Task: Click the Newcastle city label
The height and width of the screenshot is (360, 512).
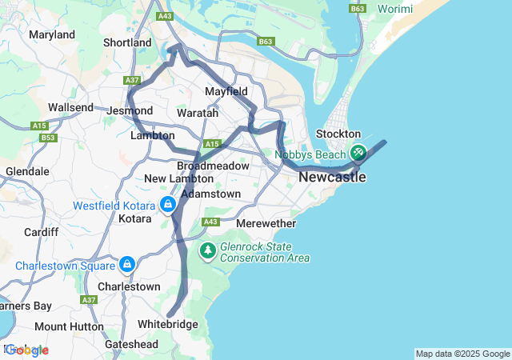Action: click(x=332, y=177)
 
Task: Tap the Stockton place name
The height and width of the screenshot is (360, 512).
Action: click(x=338, y=134)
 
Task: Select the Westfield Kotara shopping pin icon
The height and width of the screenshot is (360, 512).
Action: click(x=168, y=206)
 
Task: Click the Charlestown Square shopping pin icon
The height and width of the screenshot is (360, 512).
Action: click(x=126, y=264)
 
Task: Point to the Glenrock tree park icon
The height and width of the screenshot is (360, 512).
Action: click(x=208, y=251)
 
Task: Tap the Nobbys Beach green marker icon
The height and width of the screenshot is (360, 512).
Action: click(x=358, y=151)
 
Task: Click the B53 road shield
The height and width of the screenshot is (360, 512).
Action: click(x=49, y=138)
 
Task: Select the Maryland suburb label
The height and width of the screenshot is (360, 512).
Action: click(x=51, y=34)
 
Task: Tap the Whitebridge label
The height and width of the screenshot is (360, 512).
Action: click(x=167, y=324)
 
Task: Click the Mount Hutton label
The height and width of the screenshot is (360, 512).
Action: click(x=69, y=326)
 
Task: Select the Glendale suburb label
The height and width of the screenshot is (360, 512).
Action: click(x=27, y=171)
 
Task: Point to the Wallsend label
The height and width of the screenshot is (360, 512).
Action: click(x=71, y=107)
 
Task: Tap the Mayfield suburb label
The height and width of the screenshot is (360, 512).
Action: click(x=226, y=92)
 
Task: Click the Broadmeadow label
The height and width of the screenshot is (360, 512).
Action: click(x=207, y=165)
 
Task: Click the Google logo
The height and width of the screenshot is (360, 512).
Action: click(x=26, y=350)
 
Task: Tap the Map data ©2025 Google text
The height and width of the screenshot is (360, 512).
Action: click(x=462, y=354)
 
